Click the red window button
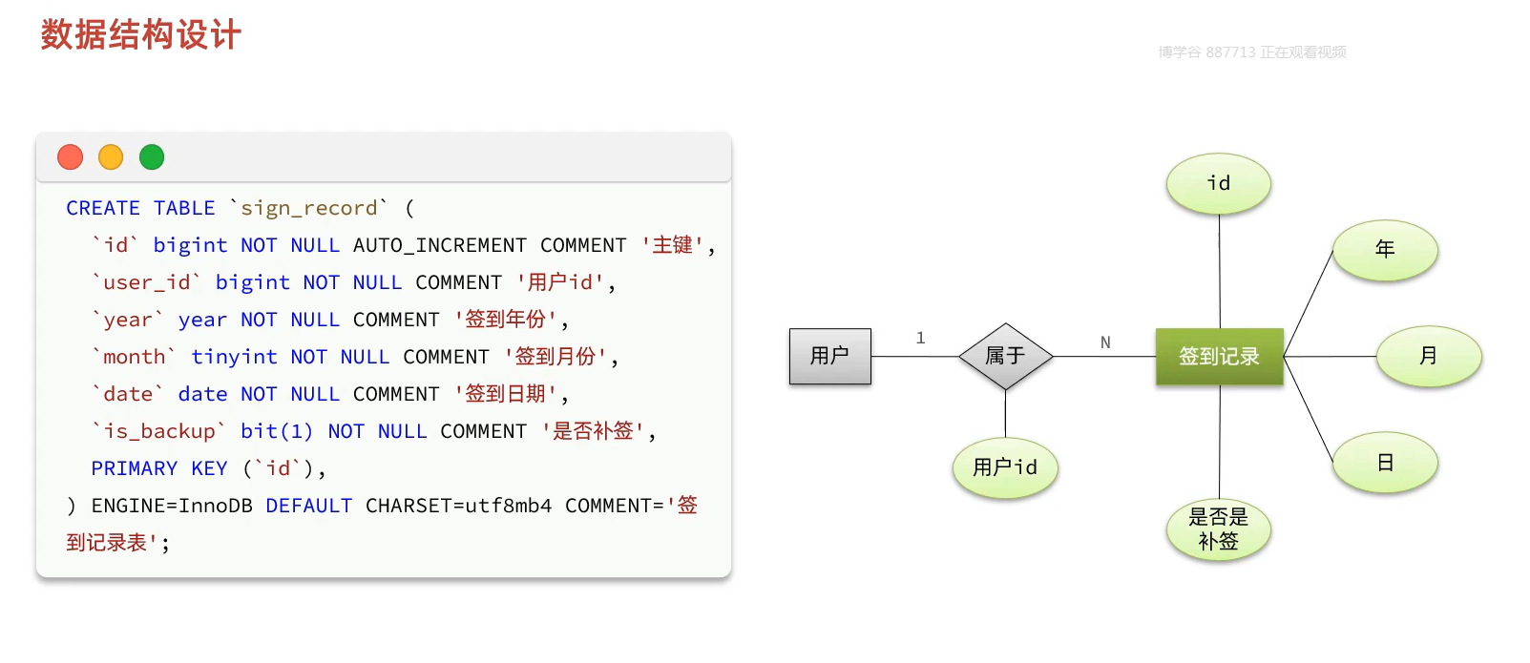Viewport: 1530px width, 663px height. pos(71,156)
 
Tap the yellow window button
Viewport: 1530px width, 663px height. pos(111,156)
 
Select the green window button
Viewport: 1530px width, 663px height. pos(152,156)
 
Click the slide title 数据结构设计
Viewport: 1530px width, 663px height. pos(140,35)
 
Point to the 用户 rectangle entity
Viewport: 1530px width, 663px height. pos(829,356)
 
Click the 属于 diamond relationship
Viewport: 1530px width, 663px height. pos(1005,356)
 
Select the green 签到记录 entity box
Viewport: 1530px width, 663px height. pos(1219,357)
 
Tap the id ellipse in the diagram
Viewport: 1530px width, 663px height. pos(1219,183)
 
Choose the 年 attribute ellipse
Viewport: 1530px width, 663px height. pos(1385,250)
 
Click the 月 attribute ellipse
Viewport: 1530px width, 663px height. pos(1428,356)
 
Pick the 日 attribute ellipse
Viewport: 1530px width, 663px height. pos(1385,463)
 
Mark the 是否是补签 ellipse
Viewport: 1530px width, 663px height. pos(1219,529)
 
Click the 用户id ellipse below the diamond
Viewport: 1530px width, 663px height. pos(1005,467)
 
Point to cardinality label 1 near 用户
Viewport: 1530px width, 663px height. pos(920,338)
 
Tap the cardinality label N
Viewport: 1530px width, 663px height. pos(1105,342)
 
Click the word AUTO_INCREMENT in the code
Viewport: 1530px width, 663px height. pos(439,245)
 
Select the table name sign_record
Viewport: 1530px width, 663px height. pos(308,208)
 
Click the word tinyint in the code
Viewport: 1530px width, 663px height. pos(234,357)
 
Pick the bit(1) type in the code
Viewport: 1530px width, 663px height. pos(277,431)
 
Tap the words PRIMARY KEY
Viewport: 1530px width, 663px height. pos(159,468)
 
